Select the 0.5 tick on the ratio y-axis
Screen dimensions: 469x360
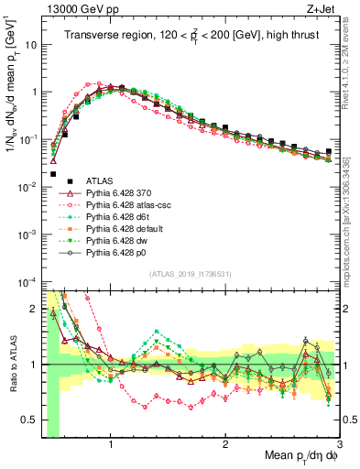pyautogui.click(x=30, y=420)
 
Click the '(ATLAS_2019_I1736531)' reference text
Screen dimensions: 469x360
pyautogui.click(x=191, y=274)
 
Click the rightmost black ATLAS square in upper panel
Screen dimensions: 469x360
pyautogui.click(x=329, y=151)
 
